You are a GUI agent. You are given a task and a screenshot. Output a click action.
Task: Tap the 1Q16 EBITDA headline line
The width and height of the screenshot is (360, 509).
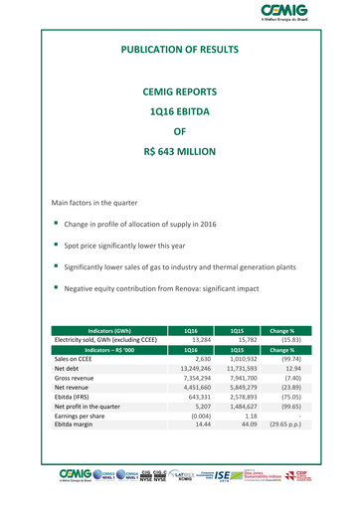[x=180, y=111]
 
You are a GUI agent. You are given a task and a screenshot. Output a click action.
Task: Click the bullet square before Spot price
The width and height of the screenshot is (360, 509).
[x=57, y=244]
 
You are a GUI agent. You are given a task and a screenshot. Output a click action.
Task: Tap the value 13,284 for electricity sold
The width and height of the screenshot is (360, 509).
[x=198, y=340]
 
